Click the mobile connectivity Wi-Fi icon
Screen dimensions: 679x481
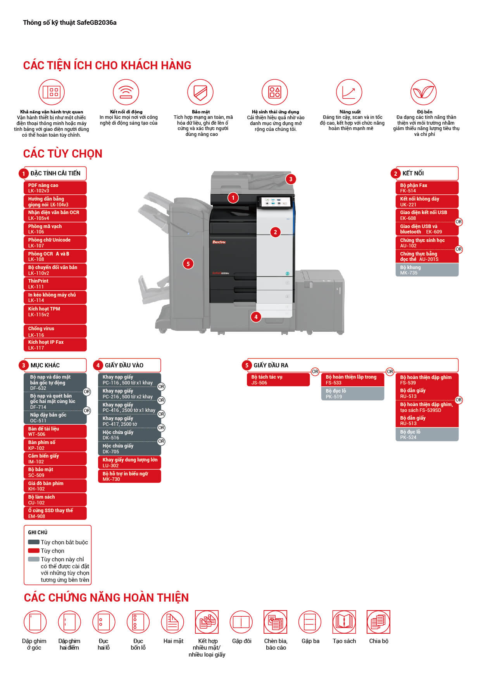pyautogui.click(x=126, y=92)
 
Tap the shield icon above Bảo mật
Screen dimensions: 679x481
pyautogui.click(x=200, y=92)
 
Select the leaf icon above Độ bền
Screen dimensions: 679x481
pyautogui.click(x=423, y=92)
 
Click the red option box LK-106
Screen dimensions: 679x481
pyautogui.click(x=55, y=229)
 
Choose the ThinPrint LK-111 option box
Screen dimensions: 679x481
pyautogui.click(x=55, y=284)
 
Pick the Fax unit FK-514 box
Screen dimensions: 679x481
pyautogui.click(x=427, y=188)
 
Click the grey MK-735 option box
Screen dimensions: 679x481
pyautogui.click(x=427, y=270)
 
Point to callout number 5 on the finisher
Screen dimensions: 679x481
pyautogui.click(x=188, y=264)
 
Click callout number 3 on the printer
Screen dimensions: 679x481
pyautogui.click(x=291, y=179)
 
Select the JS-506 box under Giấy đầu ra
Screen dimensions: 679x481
pyautogui.click(x=278, y=380)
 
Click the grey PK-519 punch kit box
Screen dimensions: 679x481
pyautogui.click(x=352, y=394)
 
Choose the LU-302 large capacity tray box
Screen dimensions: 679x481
pyautogui.click(x=129, y=463)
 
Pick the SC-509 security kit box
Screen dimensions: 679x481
pyautogui.click(x=55, y=472)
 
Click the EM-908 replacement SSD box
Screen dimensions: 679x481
pyautogui.click(x=55, y=513)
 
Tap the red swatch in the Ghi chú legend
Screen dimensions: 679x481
pyautogui.click(x=34, y=550)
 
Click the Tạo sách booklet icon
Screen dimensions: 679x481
pyautogui.click(x=344, y=622)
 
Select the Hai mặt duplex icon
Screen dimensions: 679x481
pyautogui.click(x=173, y=622)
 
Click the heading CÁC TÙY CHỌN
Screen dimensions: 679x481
pyautogui.click(x=63, y=154)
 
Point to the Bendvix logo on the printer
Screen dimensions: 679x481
pyautogui.click(x=219, y=242)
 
